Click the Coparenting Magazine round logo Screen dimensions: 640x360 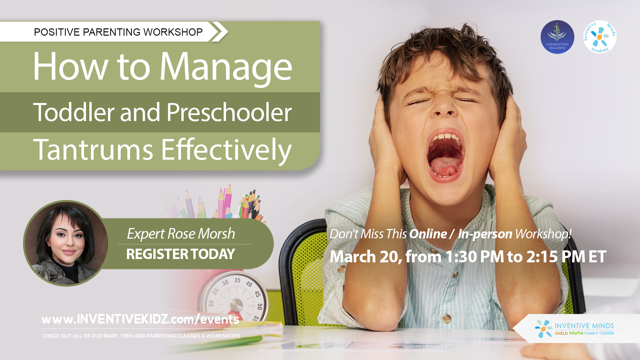click(x=557, y=37)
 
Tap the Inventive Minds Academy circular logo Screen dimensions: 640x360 click(x=600, y=37)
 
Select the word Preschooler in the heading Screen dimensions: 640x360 click(x=229, y=112)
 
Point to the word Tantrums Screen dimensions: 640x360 click(x=93, y=150)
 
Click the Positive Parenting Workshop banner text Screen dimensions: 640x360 click(x=118, y=32)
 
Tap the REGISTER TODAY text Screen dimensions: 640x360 click(x=181, y=254)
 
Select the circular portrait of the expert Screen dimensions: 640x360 click(x=66, y=243)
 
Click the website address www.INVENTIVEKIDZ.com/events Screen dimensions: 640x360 click(x=140, y=319)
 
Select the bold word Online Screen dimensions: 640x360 click(x=428, y=234)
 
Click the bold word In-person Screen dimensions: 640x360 click(x=485, y=234)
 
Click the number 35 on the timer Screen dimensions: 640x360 click(x=237, y=280)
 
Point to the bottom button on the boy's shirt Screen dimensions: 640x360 click(x=447, y=318)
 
